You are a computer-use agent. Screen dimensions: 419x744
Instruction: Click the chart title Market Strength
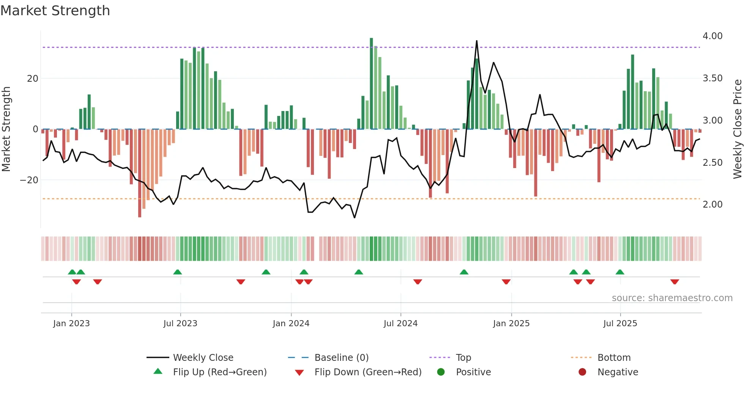tap(55, 11)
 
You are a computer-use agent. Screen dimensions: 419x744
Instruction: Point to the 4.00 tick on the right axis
tap(712, 36)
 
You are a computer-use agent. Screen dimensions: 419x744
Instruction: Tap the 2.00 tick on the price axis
tap(712, 205)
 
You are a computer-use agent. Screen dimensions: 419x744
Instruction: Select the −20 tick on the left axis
tap(29, 180)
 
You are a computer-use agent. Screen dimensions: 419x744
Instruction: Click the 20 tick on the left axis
tap(33, 79)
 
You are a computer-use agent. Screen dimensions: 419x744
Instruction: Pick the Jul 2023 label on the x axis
tap(180, 324)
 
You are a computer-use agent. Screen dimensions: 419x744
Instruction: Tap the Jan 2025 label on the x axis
tap(511, 324)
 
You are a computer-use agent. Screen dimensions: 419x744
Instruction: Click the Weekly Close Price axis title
tap(737, 129)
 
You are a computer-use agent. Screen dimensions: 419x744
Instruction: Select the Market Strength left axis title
tap(6, 129)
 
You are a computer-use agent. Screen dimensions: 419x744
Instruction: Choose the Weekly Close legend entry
tap(203, 358)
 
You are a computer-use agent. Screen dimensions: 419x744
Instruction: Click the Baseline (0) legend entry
tap(341, 358)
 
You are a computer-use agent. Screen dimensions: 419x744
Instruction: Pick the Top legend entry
tap(463, 358)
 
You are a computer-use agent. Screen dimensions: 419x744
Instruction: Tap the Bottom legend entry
tap(614, 358)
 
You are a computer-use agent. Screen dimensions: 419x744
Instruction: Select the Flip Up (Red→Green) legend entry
tap(219, 372)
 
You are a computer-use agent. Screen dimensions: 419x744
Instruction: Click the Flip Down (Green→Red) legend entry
tap(367, 372)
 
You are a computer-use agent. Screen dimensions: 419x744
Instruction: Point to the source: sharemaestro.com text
tap(672, 298)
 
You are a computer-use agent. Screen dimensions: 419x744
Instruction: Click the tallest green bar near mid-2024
tap(371, 84)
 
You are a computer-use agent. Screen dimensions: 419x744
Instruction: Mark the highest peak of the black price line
tap(476, 41)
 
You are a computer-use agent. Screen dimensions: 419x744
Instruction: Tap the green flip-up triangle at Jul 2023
tap(177, 272)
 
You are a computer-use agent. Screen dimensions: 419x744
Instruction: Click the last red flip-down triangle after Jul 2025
tap(675, 282)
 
